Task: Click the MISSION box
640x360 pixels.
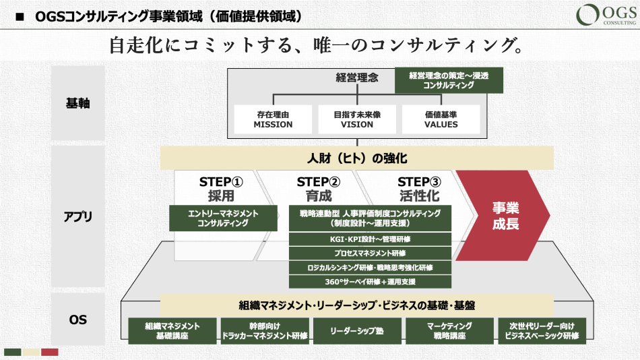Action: pyautogui.click(x=273, y=119)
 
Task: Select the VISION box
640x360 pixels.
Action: pyautogui.click(x=357, y=119)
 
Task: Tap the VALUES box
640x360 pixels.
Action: pyautogui.click(x=441, y=119)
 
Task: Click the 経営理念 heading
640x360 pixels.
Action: pyautogui.click(x=357, y=78)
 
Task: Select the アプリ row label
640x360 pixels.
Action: pyautogui.click(x=78, y=217)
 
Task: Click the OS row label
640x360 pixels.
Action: pyautogui.click(x=78, y=320)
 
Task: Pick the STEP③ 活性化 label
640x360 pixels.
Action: pyautogui.click(x=418, y=189)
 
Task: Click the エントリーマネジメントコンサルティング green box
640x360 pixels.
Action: pyautogui.click(x=223, y=218)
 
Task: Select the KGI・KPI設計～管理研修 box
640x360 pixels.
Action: pyautogui.click(x=370, y=239)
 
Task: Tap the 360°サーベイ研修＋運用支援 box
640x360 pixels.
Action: pyautogui.click(x=370, y=281)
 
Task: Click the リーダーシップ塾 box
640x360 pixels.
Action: pyautogui.click(x=357, y=331)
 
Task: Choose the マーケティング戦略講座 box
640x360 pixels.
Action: pyautogui.click(x=449, y=331)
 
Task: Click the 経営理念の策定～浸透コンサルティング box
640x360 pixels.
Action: pyautogui.click(x=448, y=81)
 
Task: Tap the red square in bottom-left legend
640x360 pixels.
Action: pyautogui.click(x=50, y=352)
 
